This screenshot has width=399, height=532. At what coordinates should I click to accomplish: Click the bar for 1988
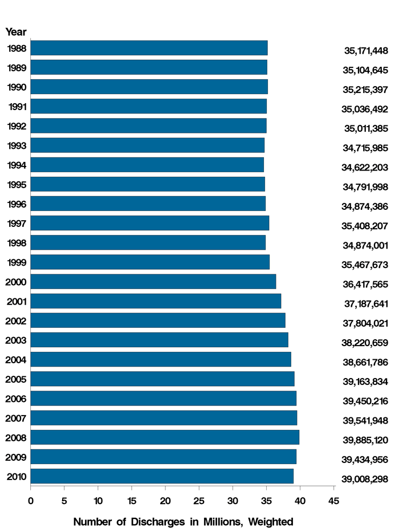click(x=149, y=48)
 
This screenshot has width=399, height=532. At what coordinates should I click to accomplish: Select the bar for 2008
click(x=165, y=437)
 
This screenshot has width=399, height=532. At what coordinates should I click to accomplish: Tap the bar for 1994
click(x=147, y=165)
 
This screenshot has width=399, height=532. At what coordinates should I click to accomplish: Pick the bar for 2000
click(x=153, y=282)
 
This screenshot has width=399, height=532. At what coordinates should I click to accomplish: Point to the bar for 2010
click(x=162, y=476)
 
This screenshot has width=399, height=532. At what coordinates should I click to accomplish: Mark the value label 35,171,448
click(x=366, y=51)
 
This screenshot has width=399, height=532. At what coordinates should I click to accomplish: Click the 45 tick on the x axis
click(x=333, y=501)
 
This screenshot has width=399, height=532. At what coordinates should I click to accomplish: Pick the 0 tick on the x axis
click(x=31, y=501)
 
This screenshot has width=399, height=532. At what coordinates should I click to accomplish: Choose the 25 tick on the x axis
click(x=199, y=501)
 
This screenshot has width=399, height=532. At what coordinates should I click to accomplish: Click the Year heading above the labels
click(x=16, y=32)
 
